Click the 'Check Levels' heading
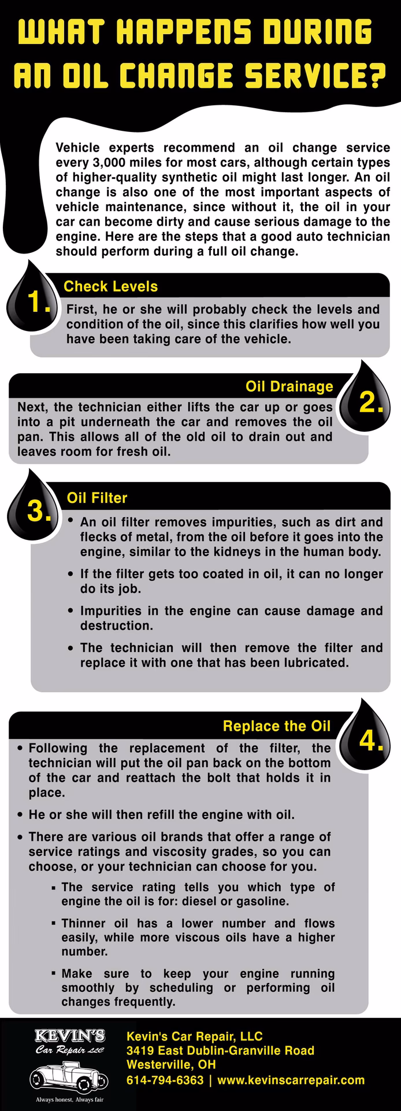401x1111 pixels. click(x=110, y=286)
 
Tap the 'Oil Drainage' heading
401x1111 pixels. click(x=289, y=386)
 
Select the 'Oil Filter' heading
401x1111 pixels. click(x=97, y=498)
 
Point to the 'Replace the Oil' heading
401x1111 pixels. click(x=276, y=726)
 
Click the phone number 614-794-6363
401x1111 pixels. click(x=165, y=1080)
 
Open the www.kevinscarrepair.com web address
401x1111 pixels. click(x=291, y=1080)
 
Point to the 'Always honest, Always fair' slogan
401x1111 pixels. click(x=69, y=1099)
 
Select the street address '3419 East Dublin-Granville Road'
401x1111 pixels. click(x=220, y=1050)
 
